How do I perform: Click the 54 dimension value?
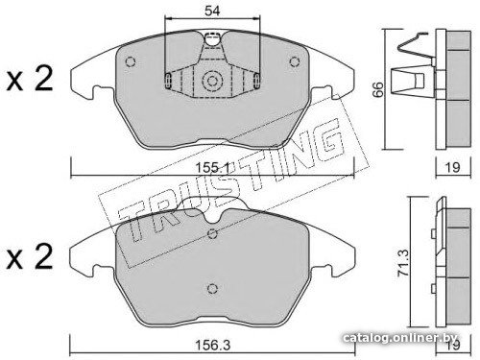click(x=212, y=11)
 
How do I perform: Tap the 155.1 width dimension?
click(x=213, y=167)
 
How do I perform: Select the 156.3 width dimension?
click(x=212, y=345)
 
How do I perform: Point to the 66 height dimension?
click(x=378, y=89)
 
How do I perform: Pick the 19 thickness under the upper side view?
click(x=453, y=167)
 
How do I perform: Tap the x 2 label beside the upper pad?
click(x=30, y=79)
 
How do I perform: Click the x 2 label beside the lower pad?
click(x=30, y=256)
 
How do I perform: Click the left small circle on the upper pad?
click(x=131, y=61)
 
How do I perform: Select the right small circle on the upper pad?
click(x=294, y=61)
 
